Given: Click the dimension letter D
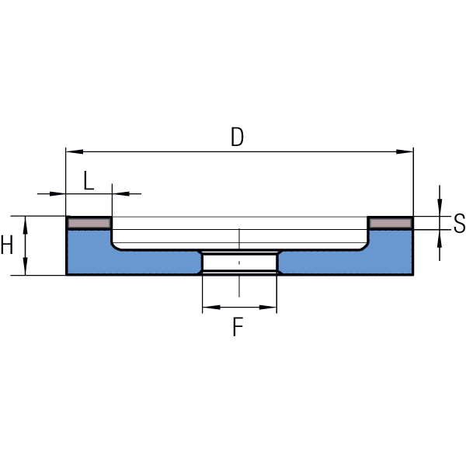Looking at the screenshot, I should click(x=238, y=137).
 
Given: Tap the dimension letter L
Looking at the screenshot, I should click(x=89, y=181).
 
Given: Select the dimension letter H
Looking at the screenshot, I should click(x=7, y=245).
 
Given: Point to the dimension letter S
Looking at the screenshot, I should click(x=459, y=224).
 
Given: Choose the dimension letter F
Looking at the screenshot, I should click(x=238, y=328).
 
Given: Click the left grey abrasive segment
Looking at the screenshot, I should click(x=89, y=224).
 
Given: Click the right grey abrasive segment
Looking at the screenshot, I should click(x=390, y=224).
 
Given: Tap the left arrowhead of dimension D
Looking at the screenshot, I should click(x=71, y=151).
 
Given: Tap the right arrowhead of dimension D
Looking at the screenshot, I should click(x=407, y=151).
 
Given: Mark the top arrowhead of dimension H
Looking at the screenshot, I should click(x=26, y=221).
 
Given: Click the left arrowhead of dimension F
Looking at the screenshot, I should click(x=207, y=308).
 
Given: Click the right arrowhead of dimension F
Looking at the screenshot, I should click(x=272, y=308).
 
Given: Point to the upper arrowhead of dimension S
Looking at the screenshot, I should click(x=440, y=210).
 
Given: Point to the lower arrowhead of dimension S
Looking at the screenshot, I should click(x=440, y=236).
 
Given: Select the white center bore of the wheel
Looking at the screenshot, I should click(x=239, y=262).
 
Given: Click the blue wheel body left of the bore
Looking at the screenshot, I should click(x=132, y=261).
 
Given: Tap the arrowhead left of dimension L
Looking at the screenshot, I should click(x=61, y=193).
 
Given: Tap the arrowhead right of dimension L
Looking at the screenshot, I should click(x=118, y=193).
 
